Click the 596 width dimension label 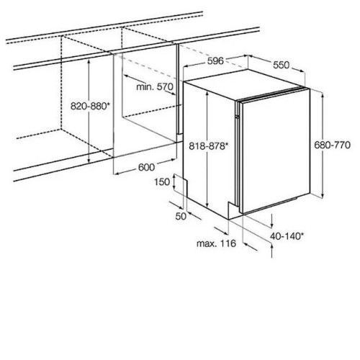[215, 61]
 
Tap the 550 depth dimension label [282, 65]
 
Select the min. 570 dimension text [155, 86]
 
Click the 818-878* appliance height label [208, 146]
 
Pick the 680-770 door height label [333, 145]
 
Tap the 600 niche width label [146, 167]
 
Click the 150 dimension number [162, 182]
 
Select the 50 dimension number [181, 217]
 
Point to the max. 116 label [216, 243]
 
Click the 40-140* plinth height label [287, 236]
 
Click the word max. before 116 [206, 244]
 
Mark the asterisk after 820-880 [108, 104]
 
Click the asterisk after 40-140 [302, 234]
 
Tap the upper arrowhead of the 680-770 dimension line [323, 96]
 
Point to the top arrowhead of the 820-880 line [89, 62]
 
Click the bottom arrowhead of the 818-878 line [207, 204]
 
